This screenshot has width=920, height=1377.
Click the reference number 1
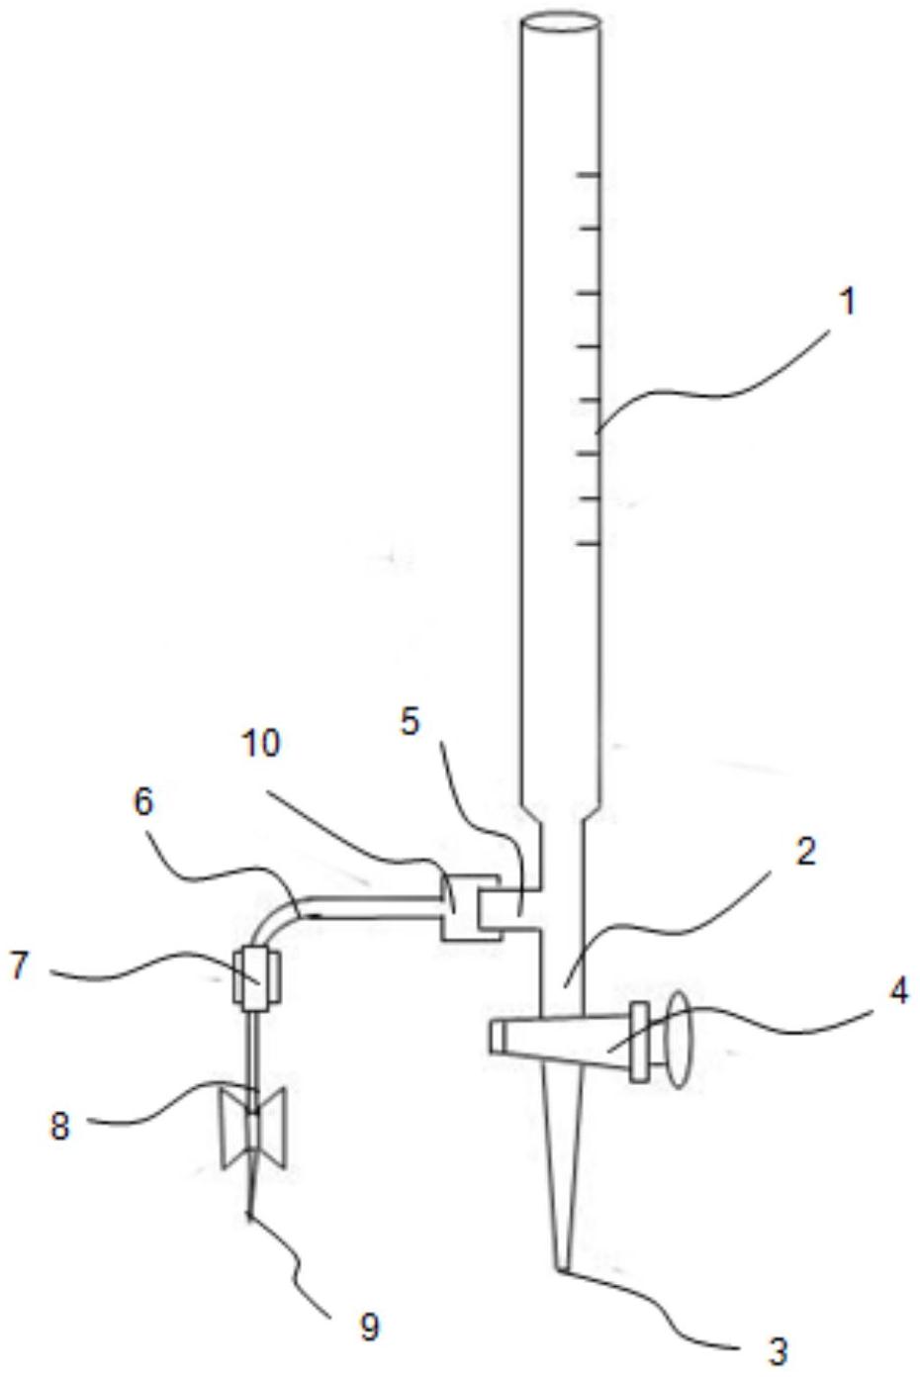point(848,303)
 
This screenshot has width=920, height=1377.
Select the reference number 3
point(778,1351)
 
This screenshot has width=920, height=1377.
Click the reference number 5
point(410,721)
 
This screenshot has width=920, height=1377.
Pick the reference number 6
point(143,802)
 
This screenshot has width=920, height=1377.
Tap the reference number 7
point(19,965)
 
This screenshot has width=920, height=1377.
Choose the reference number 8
point(59,1126)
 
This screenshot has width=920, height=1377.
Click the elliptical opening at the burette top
point(560,23)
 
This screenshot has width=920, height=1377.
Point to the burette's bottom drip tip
point(562,1266)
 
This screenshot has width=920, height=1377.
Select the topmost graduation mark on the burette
point(589,175)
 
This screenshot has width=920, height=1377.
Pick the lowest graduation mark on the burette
point(589,543)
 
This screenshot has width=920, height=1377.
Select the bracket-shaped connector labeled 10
point(470,907)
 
